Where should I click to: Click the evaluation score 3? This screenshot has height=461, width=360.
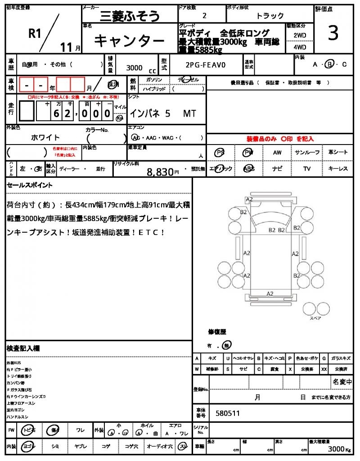[x=333, y=34]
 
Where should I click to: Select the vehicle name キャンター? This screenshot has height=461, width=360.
[x=129, y=41]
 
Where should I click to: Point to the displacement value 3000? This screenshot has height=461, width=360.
[x=134, y=68]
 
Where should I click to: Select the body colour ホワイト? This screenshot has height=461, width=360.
[x=45, y=137]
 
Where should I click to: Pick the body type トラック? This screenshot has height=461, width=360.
[x=270, y=16]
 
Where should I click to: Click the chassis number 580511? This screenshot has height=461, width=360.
[x=228, y=412]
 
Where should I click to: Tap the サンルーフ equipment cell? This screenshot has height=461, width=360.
[x=307, y=153]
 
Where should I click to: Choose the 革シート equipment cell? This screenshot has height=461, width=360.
[x=338, y=153]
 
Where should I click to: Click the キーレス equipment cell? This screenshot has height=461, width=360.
[x=338, y=169]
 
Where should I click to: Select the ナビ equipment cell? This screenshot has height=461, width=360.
[x=277, y=169]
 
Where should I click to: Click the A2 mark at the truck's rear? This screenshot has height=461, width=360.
[x=270, y=294]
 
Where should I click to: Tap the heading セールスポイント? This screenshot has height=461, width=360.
[x=30, y=185]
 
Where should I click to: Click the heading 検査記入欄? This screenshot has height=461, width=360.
[x=23, y=348]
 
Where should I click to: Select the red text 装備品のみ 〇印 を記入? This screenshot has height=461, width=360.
[x=280, y=139]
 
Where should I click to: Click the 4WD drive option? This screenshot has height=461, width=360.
[x=300, y=47]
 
